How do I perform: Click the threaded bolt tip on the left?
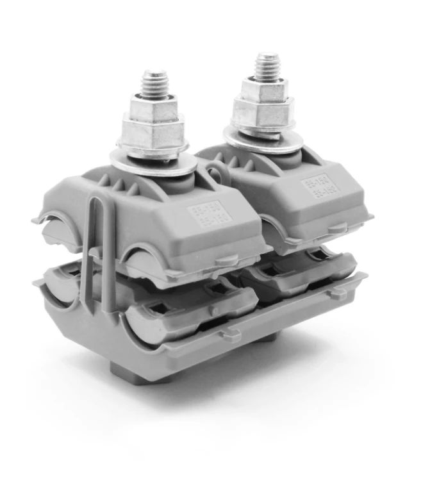(x=155, y=83)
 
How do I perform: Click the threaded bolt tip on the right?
(x=267, y=64)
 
